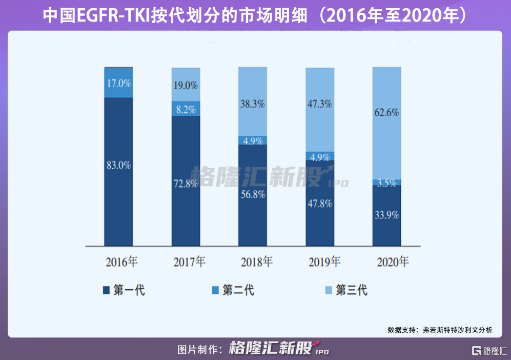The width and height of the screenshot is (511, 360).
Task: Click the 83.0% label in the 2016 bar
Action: point(119,165)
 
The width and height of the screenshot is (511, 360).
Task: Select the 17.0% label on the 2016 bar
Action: point(119,83)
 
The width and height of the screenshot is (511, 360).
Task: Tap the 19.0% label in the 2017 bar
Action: point(186,86)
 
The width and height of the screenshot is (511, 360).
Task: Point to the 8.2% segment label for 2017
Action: point(186,109)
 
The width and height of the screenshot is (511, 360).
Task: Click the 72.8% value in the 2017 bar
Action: point(186,183)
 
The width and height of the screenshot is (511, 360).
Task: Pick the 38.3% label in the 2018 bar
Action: point(253,104)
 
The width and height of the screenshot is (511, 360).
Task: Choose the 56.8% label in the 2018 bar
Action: point(253,194)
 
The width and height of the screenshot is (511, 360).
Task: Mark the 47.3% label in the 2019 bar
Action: point(320,104)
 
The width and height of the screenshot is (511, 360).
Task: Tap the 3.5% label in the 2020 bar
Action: point(387,183)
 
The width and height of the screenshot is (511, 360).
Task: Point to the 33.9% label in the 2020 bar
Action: point(387,215)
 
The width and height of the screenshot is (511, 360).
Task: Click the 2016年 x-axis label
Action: point(121,263)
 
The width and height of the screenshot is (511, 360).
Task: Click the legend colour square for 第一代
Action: point(106,290)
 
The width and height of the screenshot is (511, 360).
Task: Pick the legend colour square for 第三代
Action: point(328,290)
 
